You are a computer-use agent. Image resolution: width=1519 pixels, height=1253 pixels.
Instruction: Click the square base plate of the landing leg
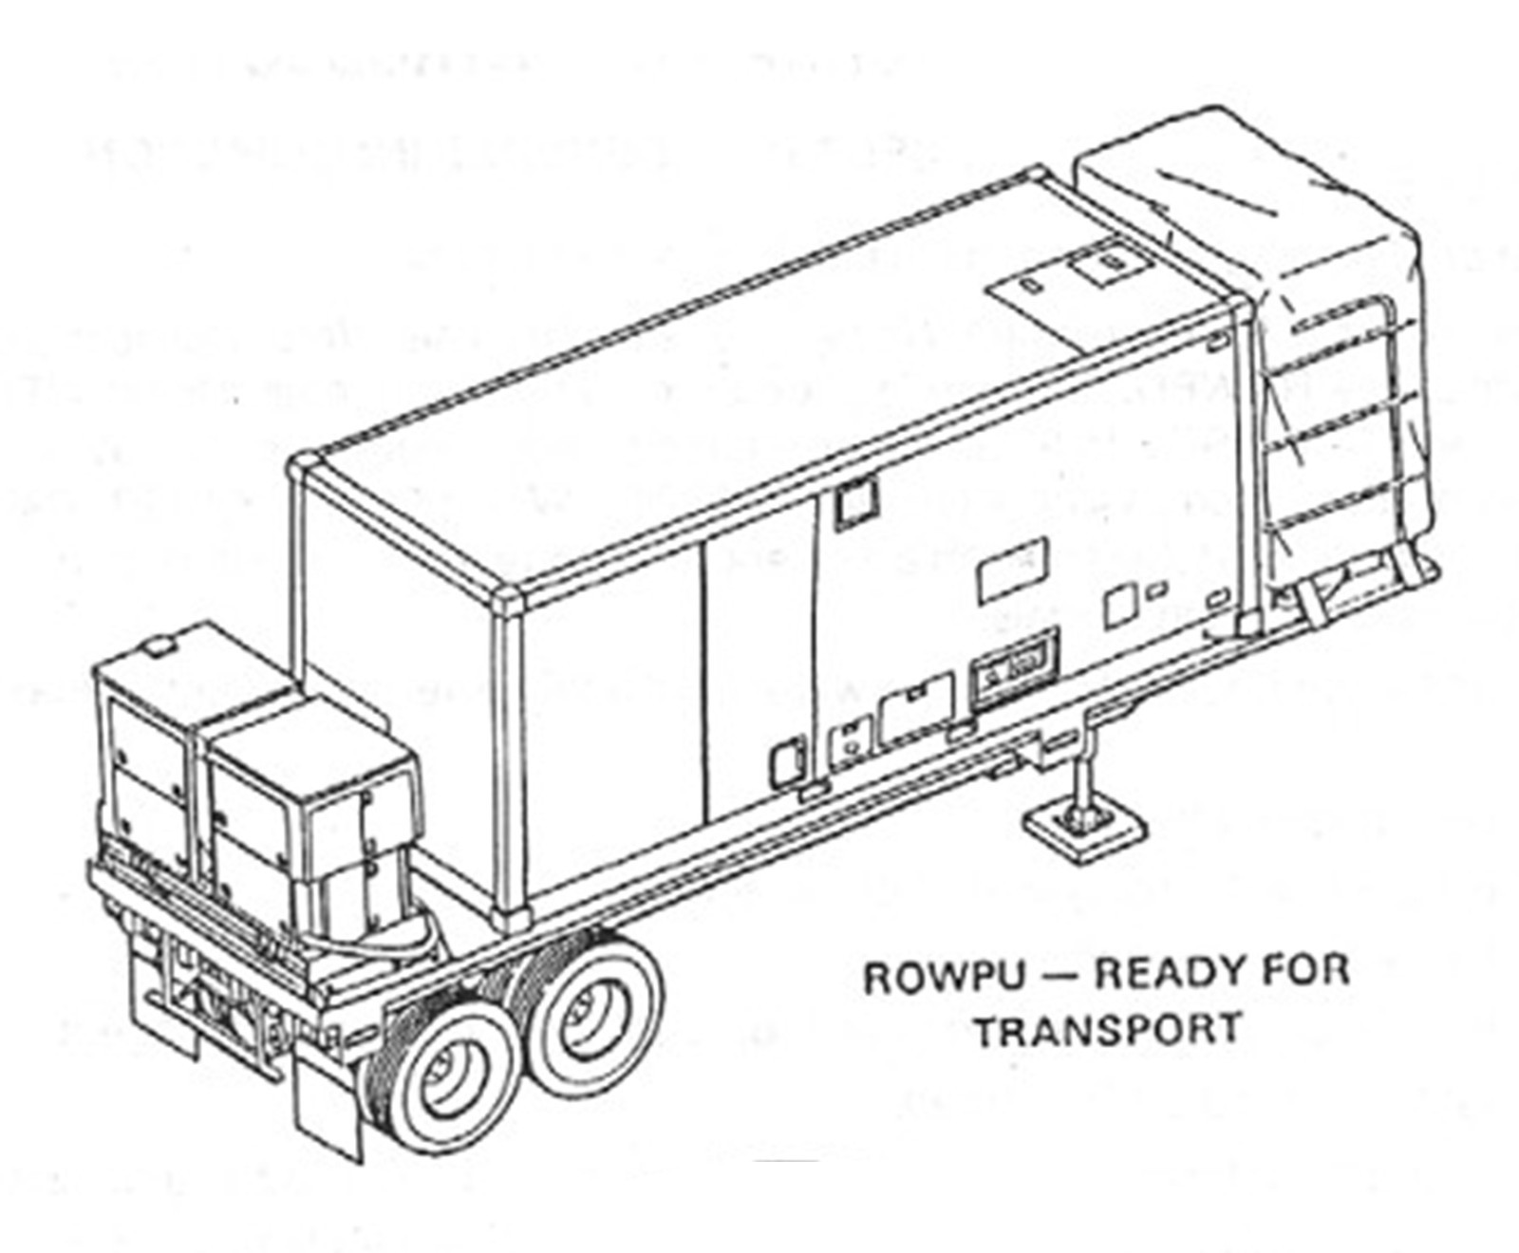click(1083, 829)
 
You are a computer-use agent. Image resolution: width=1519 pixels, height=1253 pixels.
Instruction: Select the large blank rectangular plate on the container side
click(1013, 569)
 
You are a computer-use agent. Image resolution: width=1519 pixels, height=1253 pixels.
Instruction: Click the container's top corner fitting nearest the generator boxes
click(307, 467)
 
